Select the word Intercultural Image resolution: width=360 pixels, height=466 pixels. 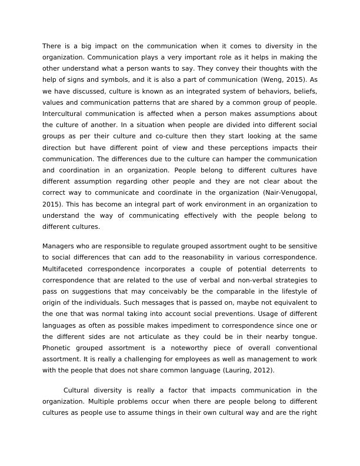pyautogui.click(x=63, y=114)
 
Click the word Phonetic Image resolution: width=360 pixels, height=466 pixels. pyautogui.click(x=57, y=337)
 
